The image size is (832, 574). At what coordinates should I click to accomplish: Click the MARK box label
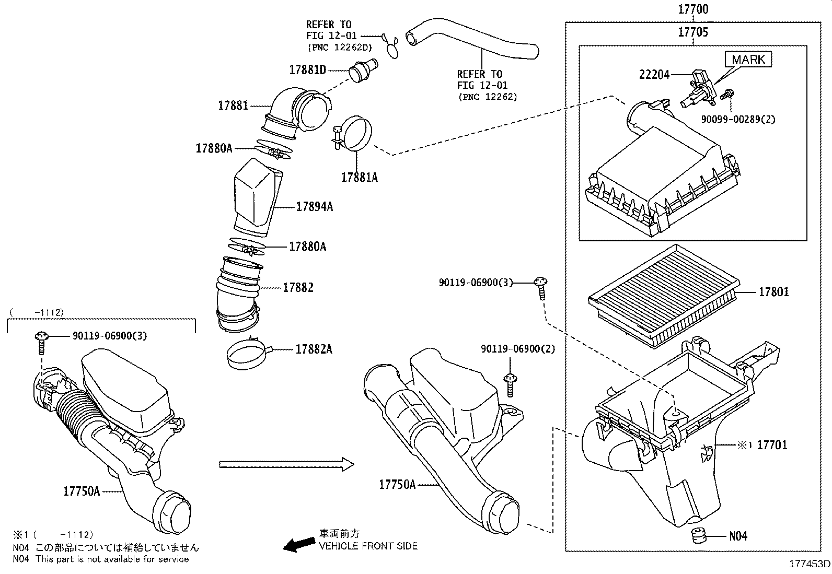pyautogui.click(x=748, y=60)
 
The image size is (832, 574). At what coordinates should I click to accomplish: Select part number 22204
pyautogui.click(x=654, y=75)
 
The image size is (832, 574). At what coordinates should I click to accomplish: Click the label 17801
pyautogui.click(x=773, y=292)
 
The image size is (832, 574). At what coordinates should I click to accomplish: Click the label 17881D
pyautogui.click(x=308, y=69)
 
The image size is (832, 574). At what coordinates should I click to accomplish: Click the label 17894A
pyautogui.click(x=314, y=207)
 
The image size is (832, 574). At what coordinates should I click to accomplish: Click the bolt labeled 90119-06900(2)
pyautogui.click(x=510, y=384)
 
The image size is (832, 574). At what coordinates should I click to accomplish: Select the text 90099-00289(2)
pyautogui.click(x=738, y=119)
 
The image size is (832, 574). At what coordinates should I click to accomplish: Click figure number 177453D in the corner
pyautogui.click(x=810, y=564)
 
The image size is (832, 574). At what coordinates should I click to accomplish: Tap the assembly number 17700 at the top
pyautogui.click(x=693, y=9)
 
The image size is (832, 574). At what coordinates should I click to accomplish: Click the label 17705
pyautogui.click(x=693, y=32)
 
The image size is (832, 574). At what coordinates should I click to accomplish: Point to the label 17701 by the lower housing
pyautogui.click(x=772, y=445)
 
